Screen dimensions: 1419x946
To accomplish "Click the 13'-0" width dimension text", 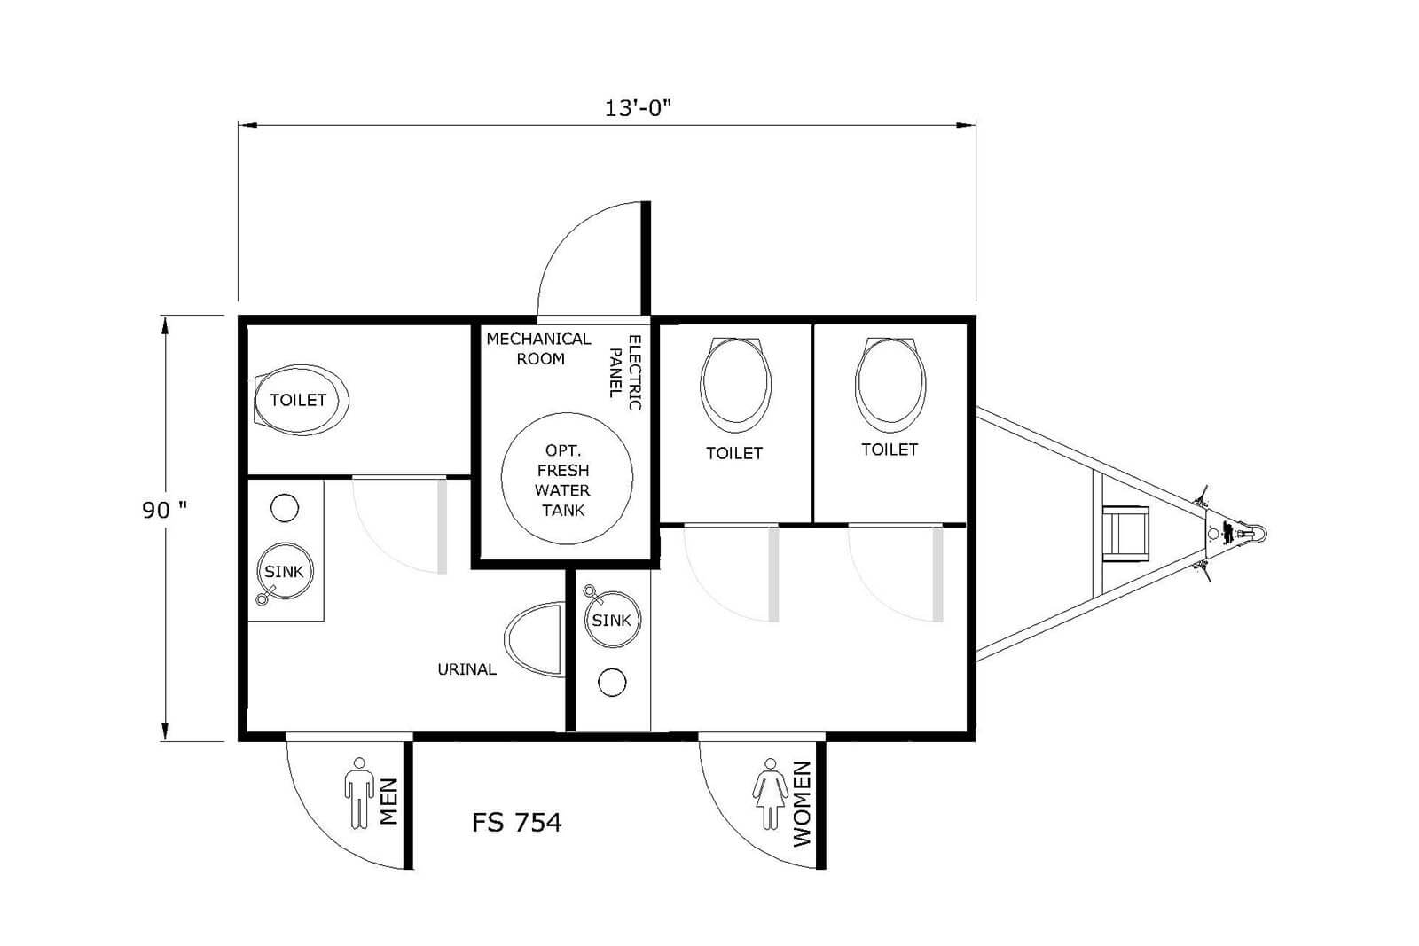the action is [638, 108].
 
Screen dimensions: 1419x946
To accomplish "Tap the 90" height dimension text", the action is [165, 509].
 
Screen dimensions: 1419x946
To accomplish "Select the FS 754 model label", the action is [517, 822].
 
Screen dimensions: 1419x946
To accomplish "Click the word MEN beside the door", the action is [388, 801].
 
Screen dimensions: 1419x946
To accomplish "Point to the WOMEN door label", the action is [802, 803].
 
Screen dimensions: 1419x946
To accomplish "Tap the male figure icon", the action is [359, 793].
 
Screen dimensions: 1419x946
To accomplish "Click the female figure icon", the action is [771, 794].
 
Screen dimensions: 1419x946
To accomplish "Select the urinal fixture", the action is [534, 639].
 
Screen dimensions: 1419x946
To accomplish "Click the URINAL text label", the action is [466, 669].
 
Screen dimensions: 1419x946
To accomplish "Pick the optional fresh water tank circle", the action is [567, 478].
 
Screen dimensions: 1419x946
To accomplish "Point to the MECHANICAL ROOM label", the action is [538, 349].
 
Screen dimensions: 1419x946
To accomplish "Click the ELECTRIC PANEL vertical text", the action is [625, 372].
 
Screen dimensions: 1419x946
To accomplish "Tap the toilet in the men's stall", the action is [301, 400].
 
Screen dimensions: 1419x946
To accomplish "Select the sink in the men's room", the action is [285, 571].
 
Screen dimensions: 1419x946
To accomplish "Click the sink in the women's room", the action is [611, 619].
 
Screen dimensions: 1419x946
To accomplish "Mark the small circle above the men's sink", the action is [285, 508].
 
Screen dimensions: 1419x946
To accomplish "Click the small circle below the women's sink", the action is [612, 683].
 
